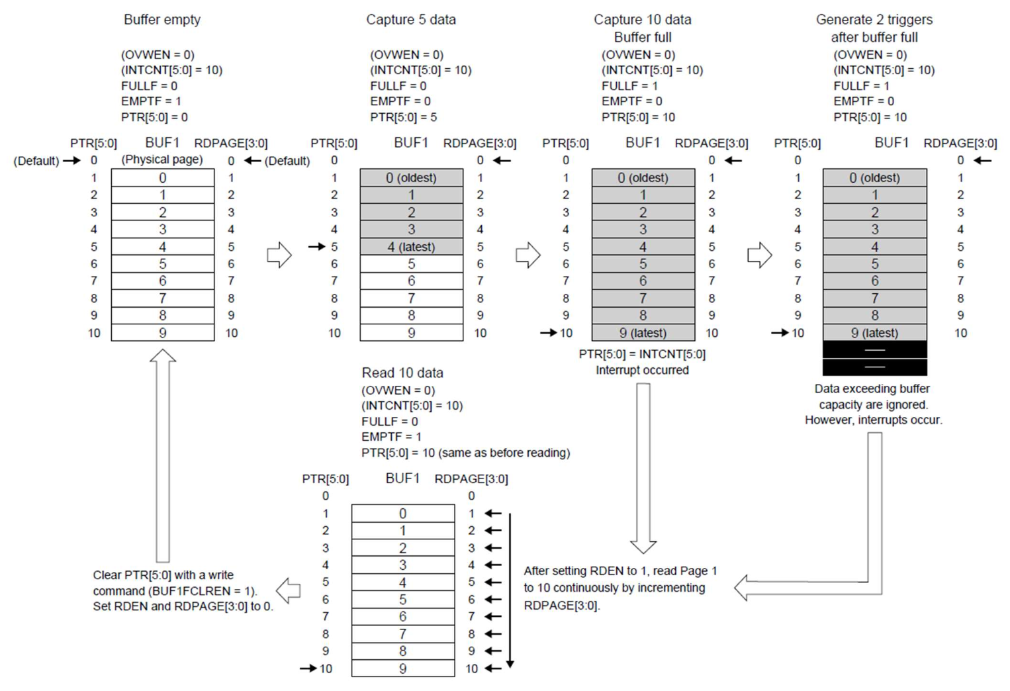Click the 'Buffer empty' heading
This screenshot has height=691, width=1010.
(162, 20)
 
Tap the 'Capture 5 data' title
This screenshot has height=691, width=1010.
(411, 20)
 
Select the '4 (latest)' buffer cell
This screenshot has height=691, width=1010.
(411, 247)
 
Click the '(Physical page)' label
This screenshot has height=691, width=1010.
(162, 160)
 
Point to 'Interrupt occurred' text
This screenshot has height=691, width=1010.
(642, 370)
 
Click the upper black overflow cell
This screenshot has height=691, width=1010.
(874, 349)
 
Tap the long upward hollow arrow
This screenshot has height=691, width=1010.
(163, 457)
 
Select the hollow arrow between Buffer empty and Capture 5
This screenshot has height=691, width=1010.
(279, 255)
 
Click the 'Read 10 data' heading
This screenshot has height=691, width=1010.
(402, 373)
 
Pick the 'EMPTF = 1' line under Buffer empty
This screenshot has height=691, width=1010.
(151, 101)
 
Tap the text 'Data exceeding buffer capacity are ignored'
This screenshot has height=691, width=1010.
(873, 396)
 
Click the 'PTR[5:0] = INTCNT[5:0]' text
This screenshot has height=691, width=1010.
(642, 354)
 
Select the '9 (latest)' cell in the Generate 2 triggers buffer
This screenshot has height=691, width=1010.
(874, 333)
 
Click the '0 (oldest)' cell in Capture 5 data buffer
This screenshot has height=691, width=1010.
(411, 177)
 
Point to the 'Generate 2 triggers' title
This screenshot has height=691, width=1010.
(874, 20)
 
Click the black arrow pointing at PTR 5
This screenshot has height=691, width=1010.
(316, 247)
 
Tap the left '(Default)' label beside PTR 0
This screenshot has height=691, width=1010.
(36, 161)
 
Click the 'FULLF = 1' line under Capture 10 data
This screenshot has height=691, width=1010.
(629, 86)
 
